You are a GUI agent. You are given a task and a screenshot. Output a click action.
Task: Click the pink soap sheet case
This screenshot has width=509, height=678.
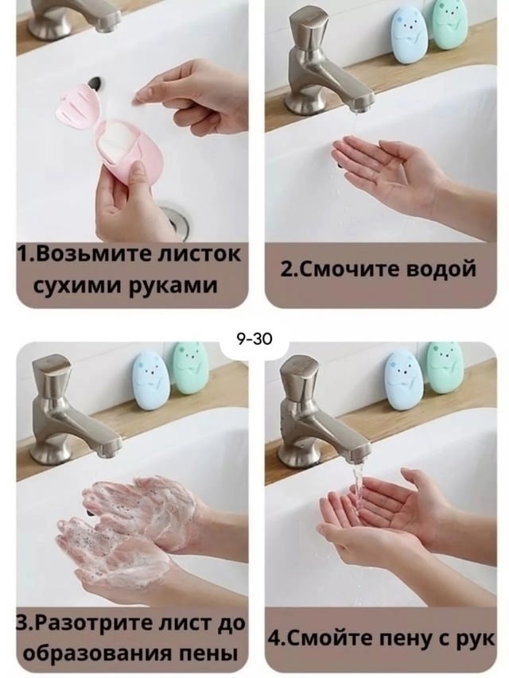coord(106,129)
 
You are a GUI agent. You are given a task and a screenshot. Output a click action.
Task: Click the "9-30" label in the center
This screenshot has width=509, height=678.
coord(254,339)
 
